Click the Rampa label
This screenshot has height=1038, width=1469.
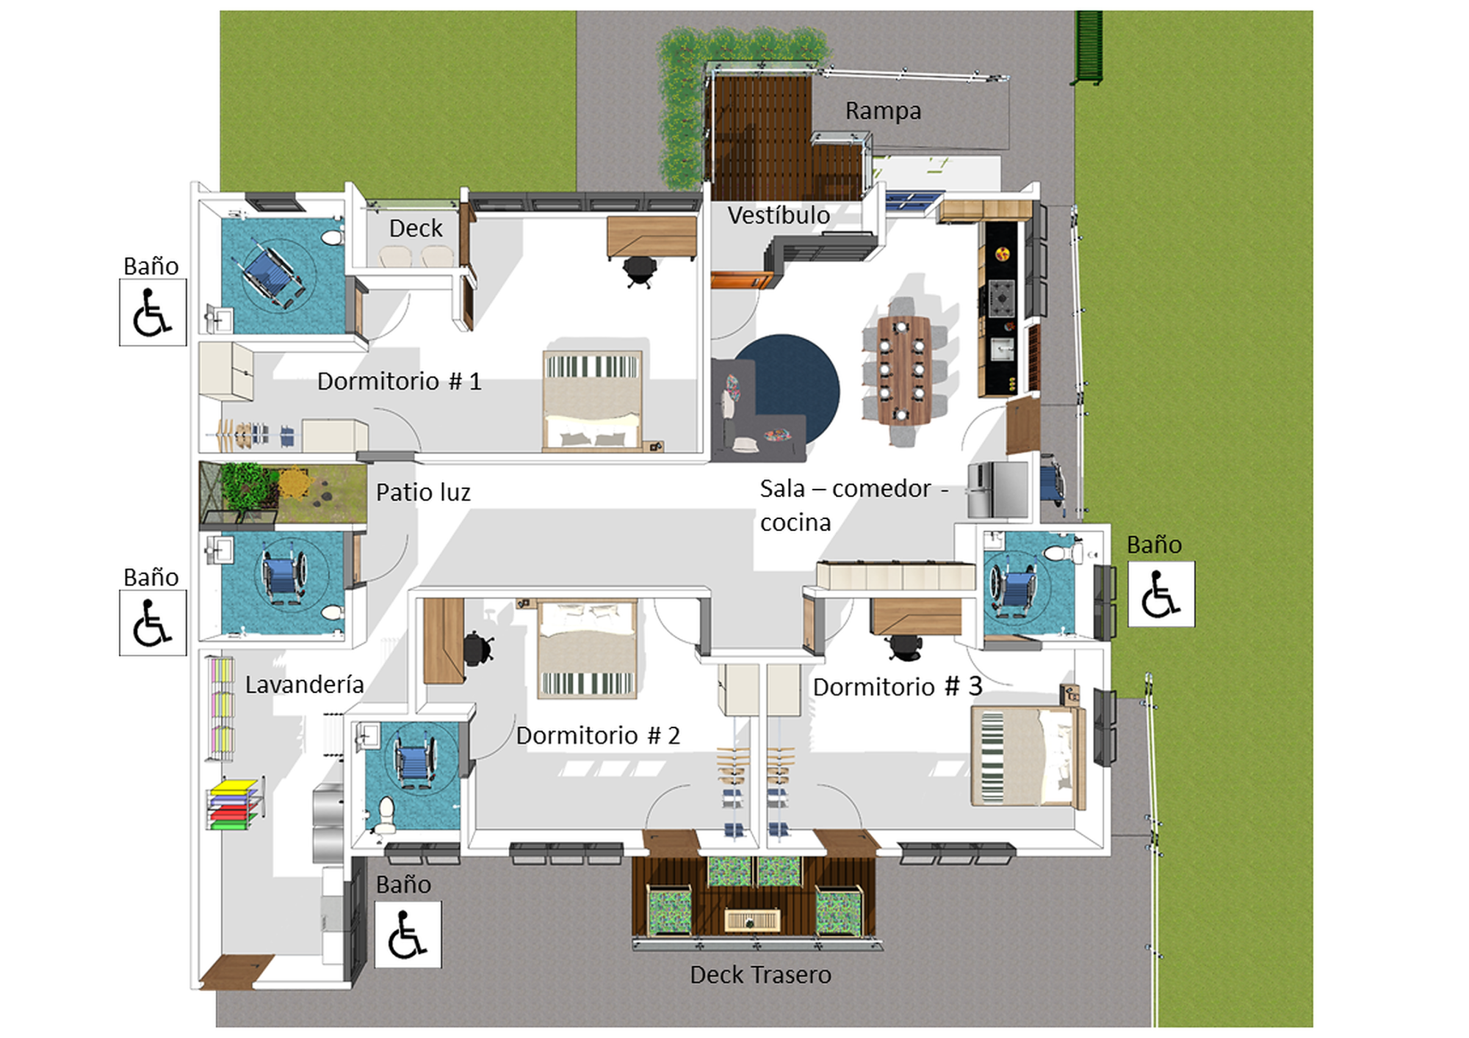coord(883,111)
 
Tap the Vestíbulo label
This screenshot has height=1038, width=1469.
coord(779,215)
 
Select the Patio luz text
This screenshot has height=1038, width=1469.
coord(423,492)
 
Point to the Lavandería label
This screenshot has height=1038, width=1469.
coord(304,684)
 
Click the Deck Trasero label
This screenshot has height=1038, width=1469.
coord(760,974)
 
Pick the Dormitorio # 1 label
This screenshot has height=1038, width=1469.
coord(399,381)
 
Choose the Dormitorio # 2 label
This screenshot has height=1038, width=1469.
coord(598,735)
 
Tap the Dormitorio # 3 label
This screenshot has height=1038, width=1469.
coord(897,686)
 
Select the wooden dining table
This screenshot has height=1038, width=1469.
coord(903,370)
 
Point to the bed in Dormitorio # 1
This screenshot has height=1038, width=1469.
coord(592,400)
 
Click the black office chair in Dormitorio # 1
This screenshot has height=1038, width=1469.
coord(640,271)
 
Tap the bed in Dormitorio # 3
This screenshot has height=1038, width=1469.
coord(1028,756)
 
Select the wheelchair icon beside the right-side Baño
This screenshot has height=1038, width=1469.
coord(1161,594)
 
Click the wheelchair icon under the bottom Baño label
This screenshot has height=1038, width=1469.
coord(408,934)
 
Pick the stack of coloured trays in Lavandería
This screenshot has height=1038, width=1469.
coord(234,805)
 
